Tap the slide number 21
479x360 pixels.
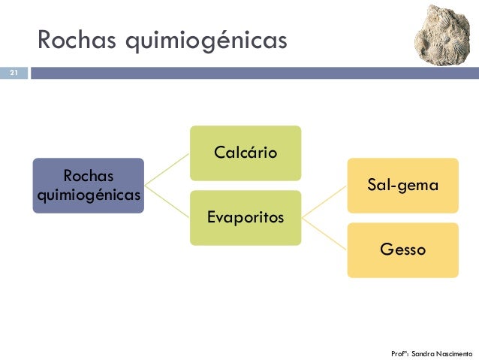click(x=13, y=74)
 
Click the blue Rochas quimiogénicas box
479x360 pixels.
click(x=88, y=185)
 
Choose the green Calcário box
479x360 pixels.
click(x=246, y=153)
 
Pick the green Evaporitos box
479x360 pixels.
click(x=246, y=218)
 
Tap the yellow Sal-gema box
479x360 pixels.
click(x=402, y=185)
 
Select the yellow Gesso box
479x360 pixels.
click(x=402, y=250)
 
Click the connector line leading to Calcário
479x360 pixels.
click(x=167, y=169)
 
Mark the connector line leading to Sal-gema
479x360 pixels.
click(x=324, y=201)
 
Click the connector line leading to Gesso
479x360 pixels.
click(x=324, y=234)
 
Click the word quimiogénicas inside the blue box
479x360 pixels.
click(x=88, y=195)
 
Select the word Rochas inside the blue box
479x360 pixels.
click(x=88, y=176)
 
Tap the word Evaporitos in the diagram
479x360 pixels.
click(x=246, y=218)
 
